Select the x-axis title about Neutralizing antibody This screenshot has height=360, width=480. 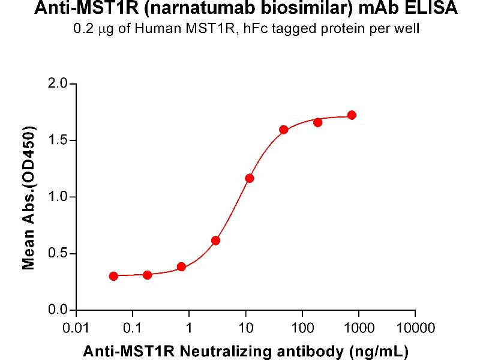pos(246,349)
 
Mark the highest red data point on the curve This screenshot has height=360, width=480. pos(352,115)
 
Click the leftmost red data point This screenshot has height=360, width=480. pos(113,276)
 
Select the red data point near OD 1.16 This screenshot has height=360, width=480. pos(250,178)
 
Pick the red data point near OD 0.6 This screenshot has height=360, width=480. pos(215,241)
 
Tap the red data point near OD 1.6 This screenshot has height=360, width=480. pos(284,130)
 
